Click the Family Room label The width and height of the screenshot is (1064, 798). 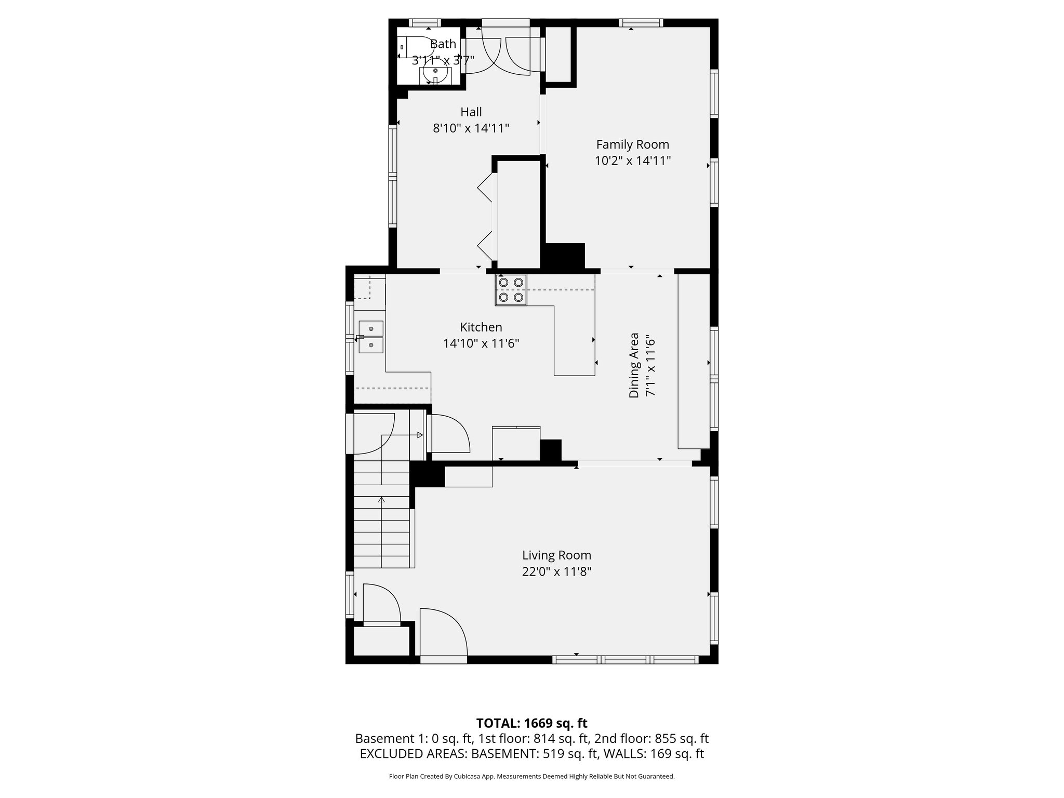[x=632, y=144]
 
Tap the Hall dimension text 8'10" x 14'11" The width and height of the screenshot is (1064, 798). [x=471, y=128]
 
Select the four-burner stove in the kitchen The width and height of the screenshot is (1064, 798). [x=511, y=290]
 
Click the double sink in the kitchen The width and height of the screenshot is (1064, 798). [x=371, y=337]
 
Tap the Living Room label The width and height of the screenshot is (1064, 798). [x=556, y=555]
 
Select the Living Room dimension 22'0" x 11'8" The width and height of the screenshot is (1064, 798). [x=556, y=572]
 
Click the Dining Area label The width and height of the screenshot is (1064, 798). [x=634, y=365]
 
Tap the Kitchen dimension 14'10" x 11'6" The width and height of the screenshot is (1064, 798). [x=481, y=343]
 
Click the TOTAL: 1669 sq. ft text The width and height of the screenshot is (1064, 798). [x=531, y=723]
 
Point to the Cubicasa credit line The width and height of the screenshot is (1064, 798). [x=531, y=777]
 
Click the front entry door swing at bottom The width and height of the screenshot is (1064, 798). [x=443, y=634]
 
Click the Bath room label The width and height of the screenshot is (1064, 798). [x=443, y=44]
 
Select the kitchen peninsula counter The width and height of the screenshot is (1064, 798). [x=574, y=340]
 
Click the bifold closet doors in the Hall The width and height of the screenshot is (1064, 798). [x=486, y=216]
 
